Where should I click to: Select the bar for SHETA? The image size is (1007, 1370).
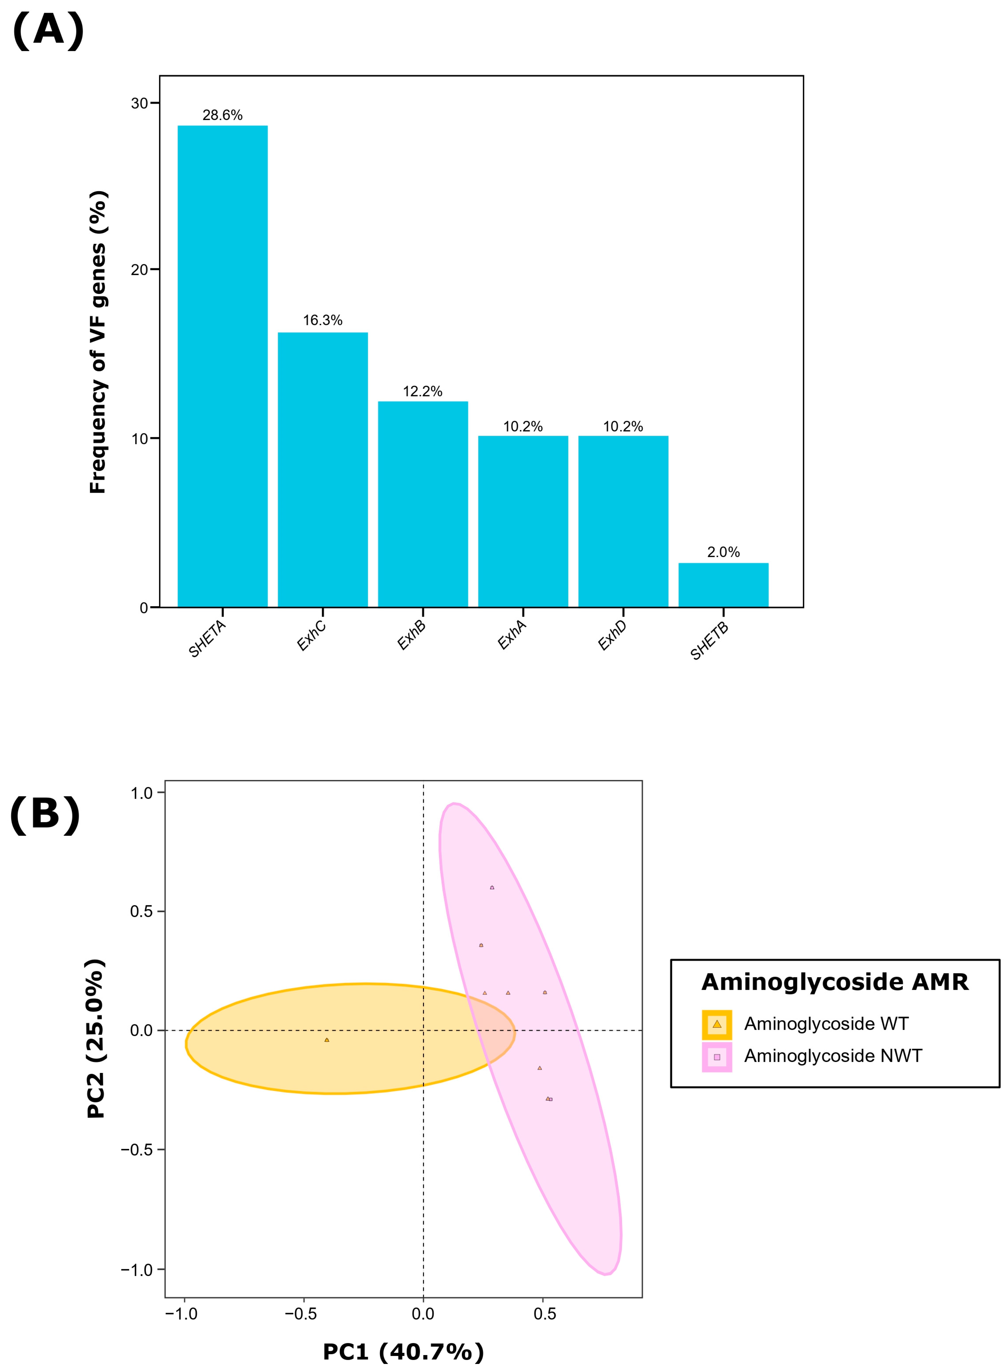pyautogui.click(x=222, y=366)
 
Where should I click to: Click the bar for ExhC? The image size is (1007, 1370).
pyautogui.click(x=322, y=469)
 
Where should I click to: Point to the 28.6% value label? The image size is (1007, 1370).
pyautogui.click(x=222, y=115)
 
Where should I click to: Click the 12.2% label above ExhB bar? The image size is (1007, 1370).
pyautogui.click(x=423, y=391)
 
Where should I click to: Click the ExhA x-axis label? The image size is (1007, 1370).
pyautogui.click(x=512, y=635)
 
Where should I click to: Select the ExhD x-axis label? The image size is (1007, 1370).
pyautogui.click(x=612, y=635)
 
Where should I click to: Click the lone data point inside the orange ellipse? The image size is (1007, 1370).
pyautogui.click(x=327, y=1040)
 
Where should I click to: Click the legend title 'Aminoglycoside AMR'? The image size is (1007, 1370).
pyautogui.click(x=835, y=982)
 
